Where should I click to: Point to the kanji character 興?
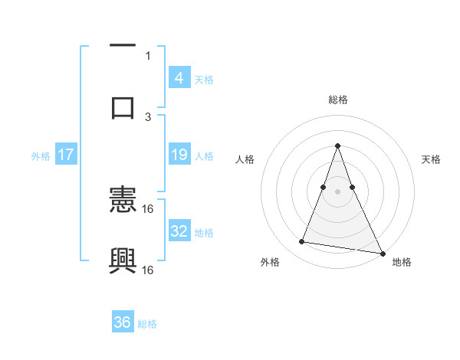[123, 260]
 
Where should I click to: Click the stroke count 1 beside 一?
[148, 55]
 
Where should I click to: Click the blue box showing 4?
[179, 78]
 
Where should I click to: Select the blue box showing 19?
[179, 155]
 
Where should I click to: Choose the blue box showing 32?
[179, 231]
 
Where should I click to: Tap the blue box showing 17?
[66, 155]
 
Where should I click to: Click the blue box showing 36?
[123, 322]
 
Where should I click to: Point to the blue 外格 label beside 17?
[41, 156]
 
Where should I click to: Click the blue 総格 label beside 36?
[147, 324]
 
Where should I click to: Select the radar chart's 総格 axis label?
[338, 100]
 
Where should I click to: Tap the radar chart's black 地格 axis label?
[402, 262]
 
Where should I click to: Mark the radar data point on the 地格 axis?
[382, 253]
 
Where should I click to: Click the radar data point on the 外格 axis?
[302, 242]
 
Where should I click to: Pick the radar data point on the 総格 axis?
[338, 145]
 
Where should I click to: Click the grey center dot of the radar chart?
[338, 191]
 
